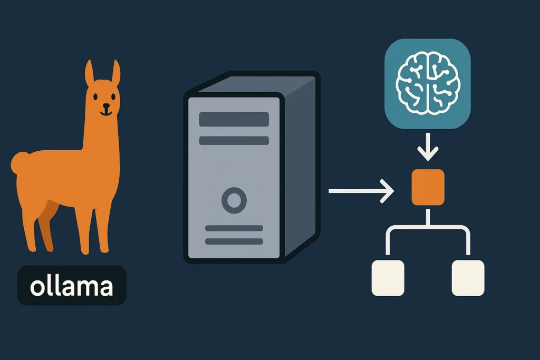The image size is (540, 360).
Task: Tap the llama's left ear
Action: pos(90,74)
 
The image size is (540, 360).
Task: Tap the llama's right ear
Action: pos(115,74)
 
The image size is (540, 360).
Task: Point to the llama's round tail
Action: pos(21,163)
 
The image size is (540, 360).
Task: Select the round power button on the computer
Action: pos(234,200)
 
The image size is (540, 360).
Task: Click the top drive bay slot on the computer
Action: pos(234,119)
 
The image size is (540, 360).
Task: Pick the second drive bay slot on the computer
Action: pos(234,141)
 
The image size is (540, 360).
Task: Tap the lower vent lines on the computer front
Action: pos(234,235)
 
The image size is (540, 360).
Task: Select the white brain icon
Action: pos(428,83)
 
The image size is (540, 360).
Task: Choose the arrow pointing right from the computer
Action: pos(361,191)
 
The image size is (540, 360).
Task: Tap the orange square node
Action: pos(428,187)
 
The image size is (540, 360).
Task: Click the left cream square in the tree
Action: pos(388,278)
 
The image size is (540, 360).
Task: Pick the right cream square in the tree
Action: pos(468,278)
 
